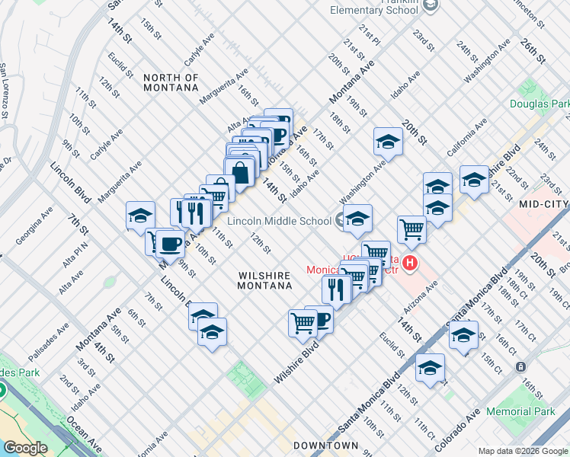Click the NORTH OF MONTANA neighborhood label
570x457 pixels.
171,83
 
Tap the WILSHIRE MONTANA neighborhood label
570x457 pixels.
264,280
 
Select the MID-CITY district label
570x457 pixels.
543,205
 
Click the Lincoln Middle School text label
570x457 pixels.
269,222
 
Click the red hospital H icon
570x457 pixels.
410,264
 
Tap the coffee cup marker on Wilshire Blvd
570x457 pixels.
320,319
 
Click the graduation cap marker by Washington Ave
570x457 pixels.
387,141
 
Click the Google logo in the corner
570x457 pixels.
26,448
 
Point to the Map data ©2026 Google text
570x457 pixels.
523,451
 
